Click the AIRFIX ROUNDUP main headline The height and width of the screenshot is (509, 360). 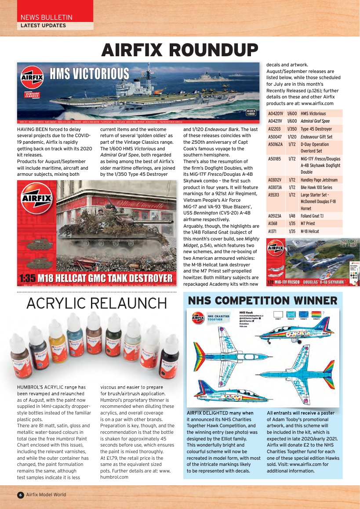point(180,50)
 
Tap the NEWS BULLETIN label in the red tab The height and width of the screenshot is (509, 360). point(46,17)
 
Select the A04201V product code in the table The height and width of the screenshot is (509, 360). point(276,113)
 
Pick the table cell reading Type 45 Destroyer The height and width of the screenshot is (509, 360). point(316,129)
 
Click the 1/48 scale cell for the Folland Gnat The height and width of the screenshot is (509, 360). point(292,216)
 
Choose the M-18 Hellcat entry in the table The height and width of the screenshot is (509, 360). point(310,231)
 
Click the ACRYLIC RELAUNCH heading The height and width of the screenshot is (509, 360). point(97,303)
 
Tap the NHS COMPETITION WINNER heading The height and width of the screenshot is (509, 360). point(262,301)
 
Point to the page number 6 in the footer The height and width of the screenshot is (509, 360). point(20,494)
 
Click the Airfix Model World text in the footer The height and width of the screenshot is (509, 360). point(46,494)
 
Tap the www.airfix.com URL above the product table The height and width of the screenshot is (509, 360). point(317,103)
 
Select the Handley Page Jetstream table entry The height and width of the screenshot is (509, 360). point(319,180)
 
